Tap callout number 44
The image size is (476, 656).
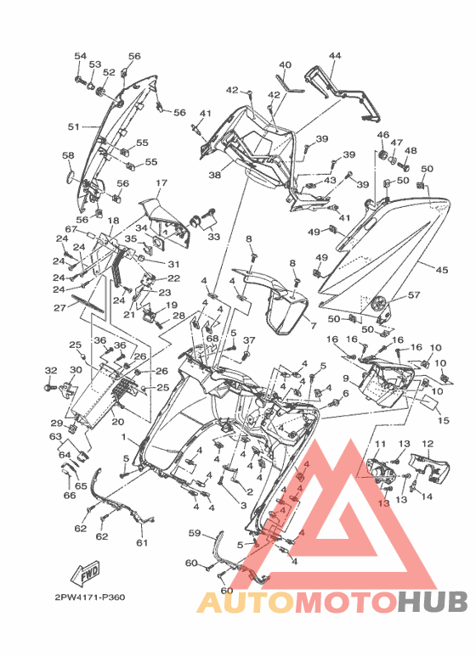click(x=335, y=55)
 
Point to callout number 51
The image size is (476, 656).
click(x=74, y=126)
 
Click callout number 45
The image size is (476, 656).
click(x=442, y=270)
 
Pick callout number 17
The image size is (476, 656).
click(x=161, y=182)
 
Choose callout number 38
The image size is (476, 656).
click(x=214, y=175)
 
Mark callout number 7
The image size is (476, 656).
click(x=313, y=326)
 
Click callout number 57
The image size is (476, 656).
click(x=414, y=295)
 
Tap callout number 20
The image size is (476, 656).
click(x=118, y=422)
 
